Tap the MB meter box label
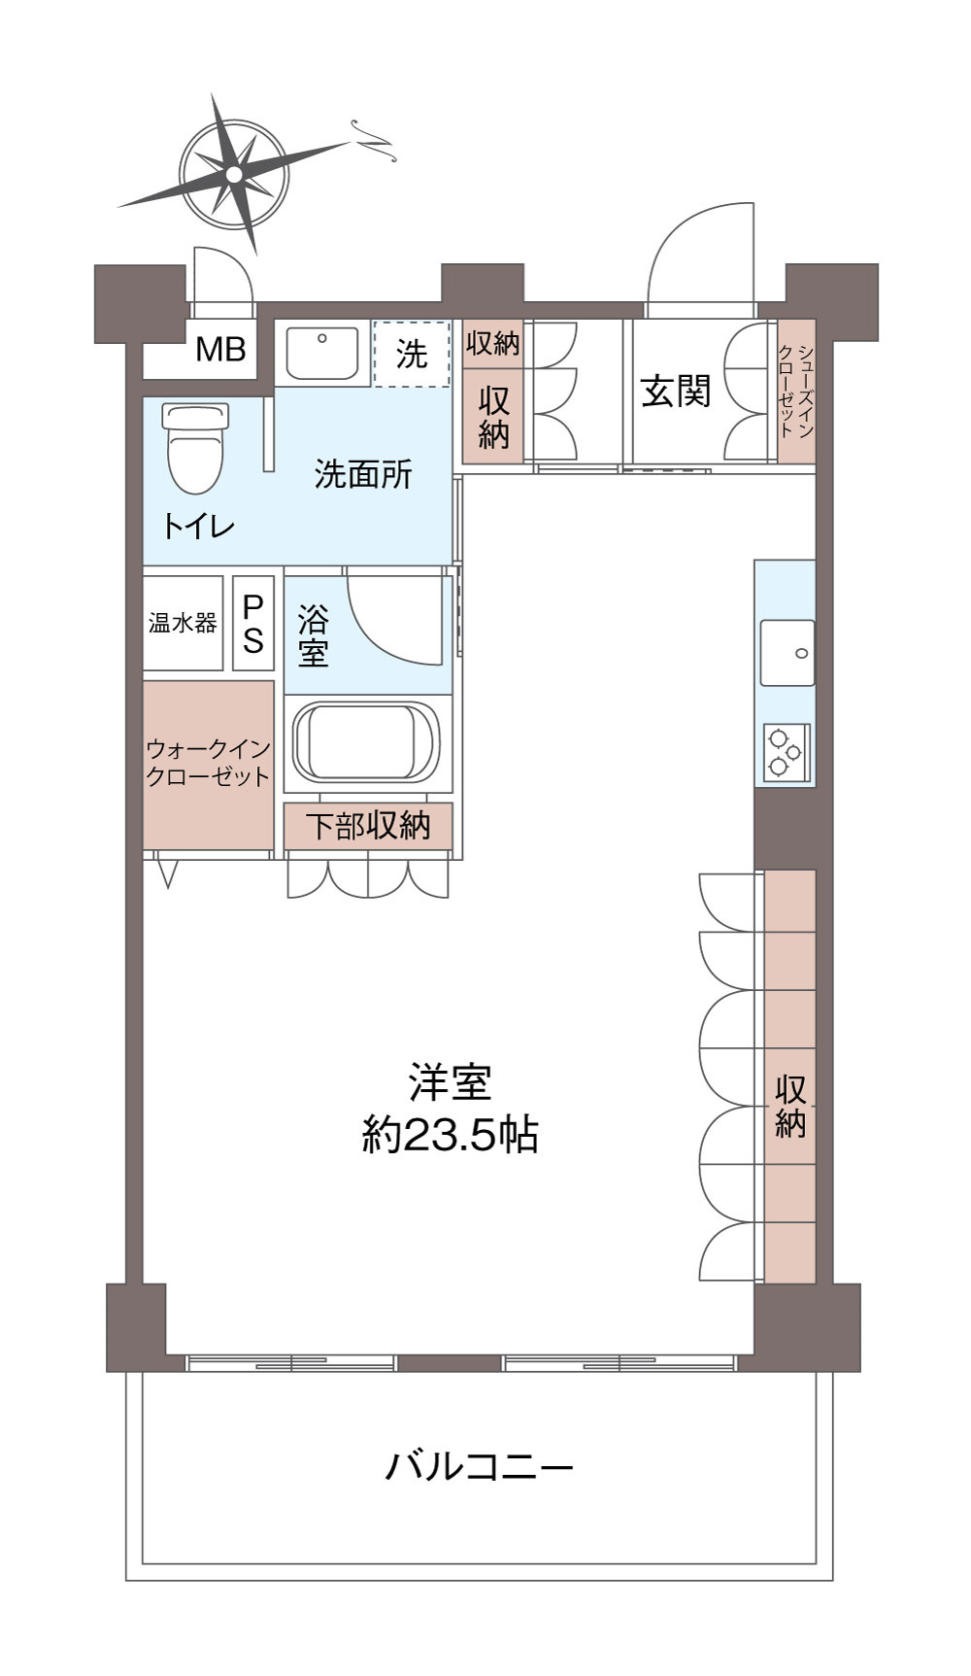click(220, 349)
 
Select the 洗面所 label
click(363, 473)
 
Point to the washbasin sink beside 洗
click(322, 354)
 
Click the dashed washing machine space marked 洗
click(412, 355)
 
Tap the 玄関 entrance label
click(676, 391)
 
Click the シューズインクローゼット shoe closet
click(795, 392)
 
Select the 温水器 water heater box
click(183, 623)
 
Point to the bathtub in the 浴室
click(368, 742)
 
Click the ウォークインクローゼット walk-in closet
click(208, 764)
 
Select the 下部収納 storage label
click(368, 826)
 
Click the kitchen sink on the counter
click(787, 652)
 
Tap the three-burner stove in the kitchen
click(785, 751)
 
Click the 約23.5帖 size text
click(450, 1134)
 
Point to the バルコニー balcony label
click(480, 1465)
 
